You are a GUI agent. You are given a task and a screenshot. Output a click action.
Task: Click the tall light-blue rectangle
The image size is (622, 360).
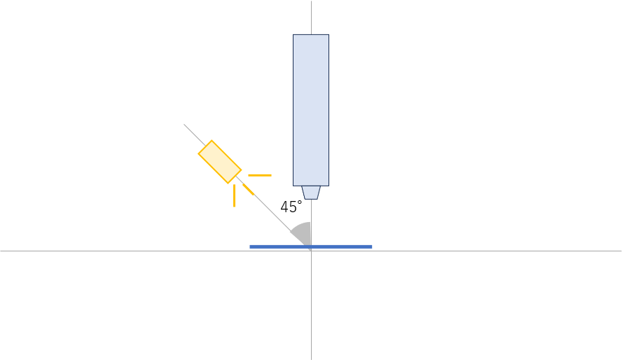tap(311, 110)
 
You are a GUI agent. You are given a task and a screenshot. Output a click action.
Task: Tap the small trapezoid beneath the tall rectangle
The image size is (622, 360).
tap(311, 193)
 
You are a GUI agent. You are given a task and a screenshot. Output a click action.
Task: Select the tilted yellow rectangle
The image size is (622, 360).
tap(220, 162)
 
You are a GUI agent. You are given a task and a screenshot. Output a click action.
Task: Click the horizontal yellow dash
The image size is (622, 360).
tap(260, 175)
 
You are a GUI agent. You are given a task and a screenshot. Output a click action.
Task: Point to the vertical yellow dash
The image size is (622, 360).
tap(234, 195)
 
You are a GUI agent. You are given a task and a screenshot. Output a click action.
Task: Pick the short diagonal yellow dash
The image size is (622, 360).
tap(249, 190)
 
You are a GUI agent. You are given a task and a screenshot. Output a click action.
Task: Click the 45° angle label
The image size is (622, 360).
tap(291, 207)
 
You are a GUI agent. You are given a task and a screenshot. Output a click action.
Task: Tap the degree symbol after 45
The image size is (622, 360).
tap(300, 202)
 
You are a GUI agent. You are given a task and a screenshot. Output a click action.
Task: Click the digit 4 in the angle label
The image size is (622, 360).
tap(284, 207)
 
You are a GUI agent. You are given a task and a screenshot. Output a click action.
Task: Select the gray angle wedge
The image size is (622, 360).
tap(303, 234)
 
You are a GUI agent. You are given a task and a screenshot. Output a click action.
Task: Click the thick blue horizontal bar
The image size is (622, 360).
tap(310, 247)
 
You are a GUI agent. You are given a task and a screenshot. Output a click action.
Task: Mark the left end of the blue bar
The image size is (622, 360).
tap(250, 247)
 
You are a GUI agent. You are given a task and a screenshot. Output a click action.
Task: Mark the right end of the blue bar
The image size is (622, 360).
tap(372, 247)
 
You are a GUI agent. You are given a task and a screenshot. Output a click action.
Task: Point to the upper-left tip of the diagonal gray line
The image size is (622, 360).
tap(184, 124)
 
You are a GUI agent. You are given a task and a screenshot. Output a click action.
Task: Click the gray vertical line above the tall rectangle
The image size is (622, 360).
tap(311, 18)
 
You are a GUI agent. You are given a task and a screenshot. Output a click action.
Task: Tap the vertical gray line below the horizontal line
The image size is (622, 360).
tap(312, 305)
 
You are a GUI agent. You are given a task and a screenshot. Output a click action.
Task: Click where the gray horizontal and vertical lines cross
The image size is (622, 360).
tap(312, 251)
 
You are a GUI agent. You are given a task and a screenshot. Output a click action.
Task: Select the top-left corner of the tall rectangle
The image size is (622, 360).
tap(293, 35)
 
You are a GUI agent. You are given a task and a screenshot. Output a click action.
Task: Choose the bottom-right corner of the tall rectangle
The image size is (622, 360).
tap(329, 186)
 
